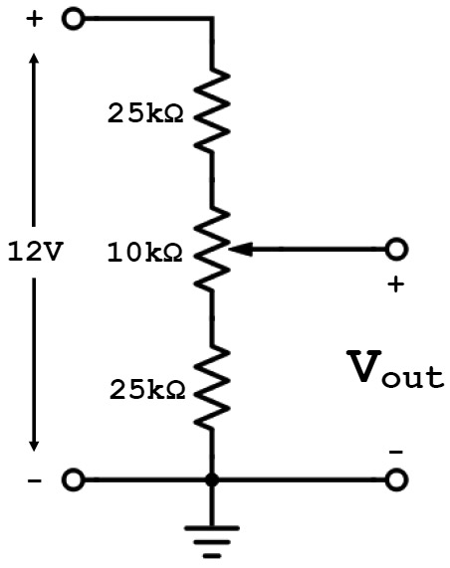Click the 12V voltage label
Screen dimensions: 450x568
(x=35, y=252)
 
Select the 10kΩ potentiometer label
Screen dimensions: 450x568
(x=144, y=252)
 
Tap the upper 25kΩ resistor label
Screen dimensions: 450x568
(x=145, y=113)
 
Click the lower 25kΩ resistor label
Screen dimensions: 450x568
(x=147, y=389)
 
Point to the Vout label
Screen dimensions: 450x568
(x=395, y=369)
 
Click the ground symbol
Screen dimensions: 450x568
(x=212, y=542)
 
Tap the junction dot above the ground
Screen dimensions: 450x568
(x=212, y=480)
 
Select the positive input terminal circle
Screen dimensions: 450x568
(x=74, y=18)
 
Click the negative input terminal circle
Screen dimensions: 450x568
(x=74, y=480)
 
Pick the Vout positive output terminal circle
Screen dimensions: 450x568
(x=396, y=250)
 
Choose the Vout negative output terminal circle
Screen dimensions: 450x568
(x=396, y=480)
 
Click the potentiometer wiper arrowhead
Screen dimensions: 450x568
(x=241, y=250)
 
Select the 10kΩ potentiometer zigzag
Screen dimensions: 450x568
(x=212, y=250)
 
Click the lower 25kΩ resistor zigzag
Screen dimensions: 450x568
(x=212, y=388)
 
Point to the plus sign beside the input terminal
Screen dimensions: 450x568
(x=35, y=19)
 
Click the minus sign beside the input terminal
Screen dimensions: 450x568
(x=35, y=481)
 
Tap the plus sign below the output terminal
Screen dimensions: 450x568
(x=396, y=284)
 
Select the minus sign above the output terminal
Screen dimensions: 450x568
(x=396, y=452)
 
